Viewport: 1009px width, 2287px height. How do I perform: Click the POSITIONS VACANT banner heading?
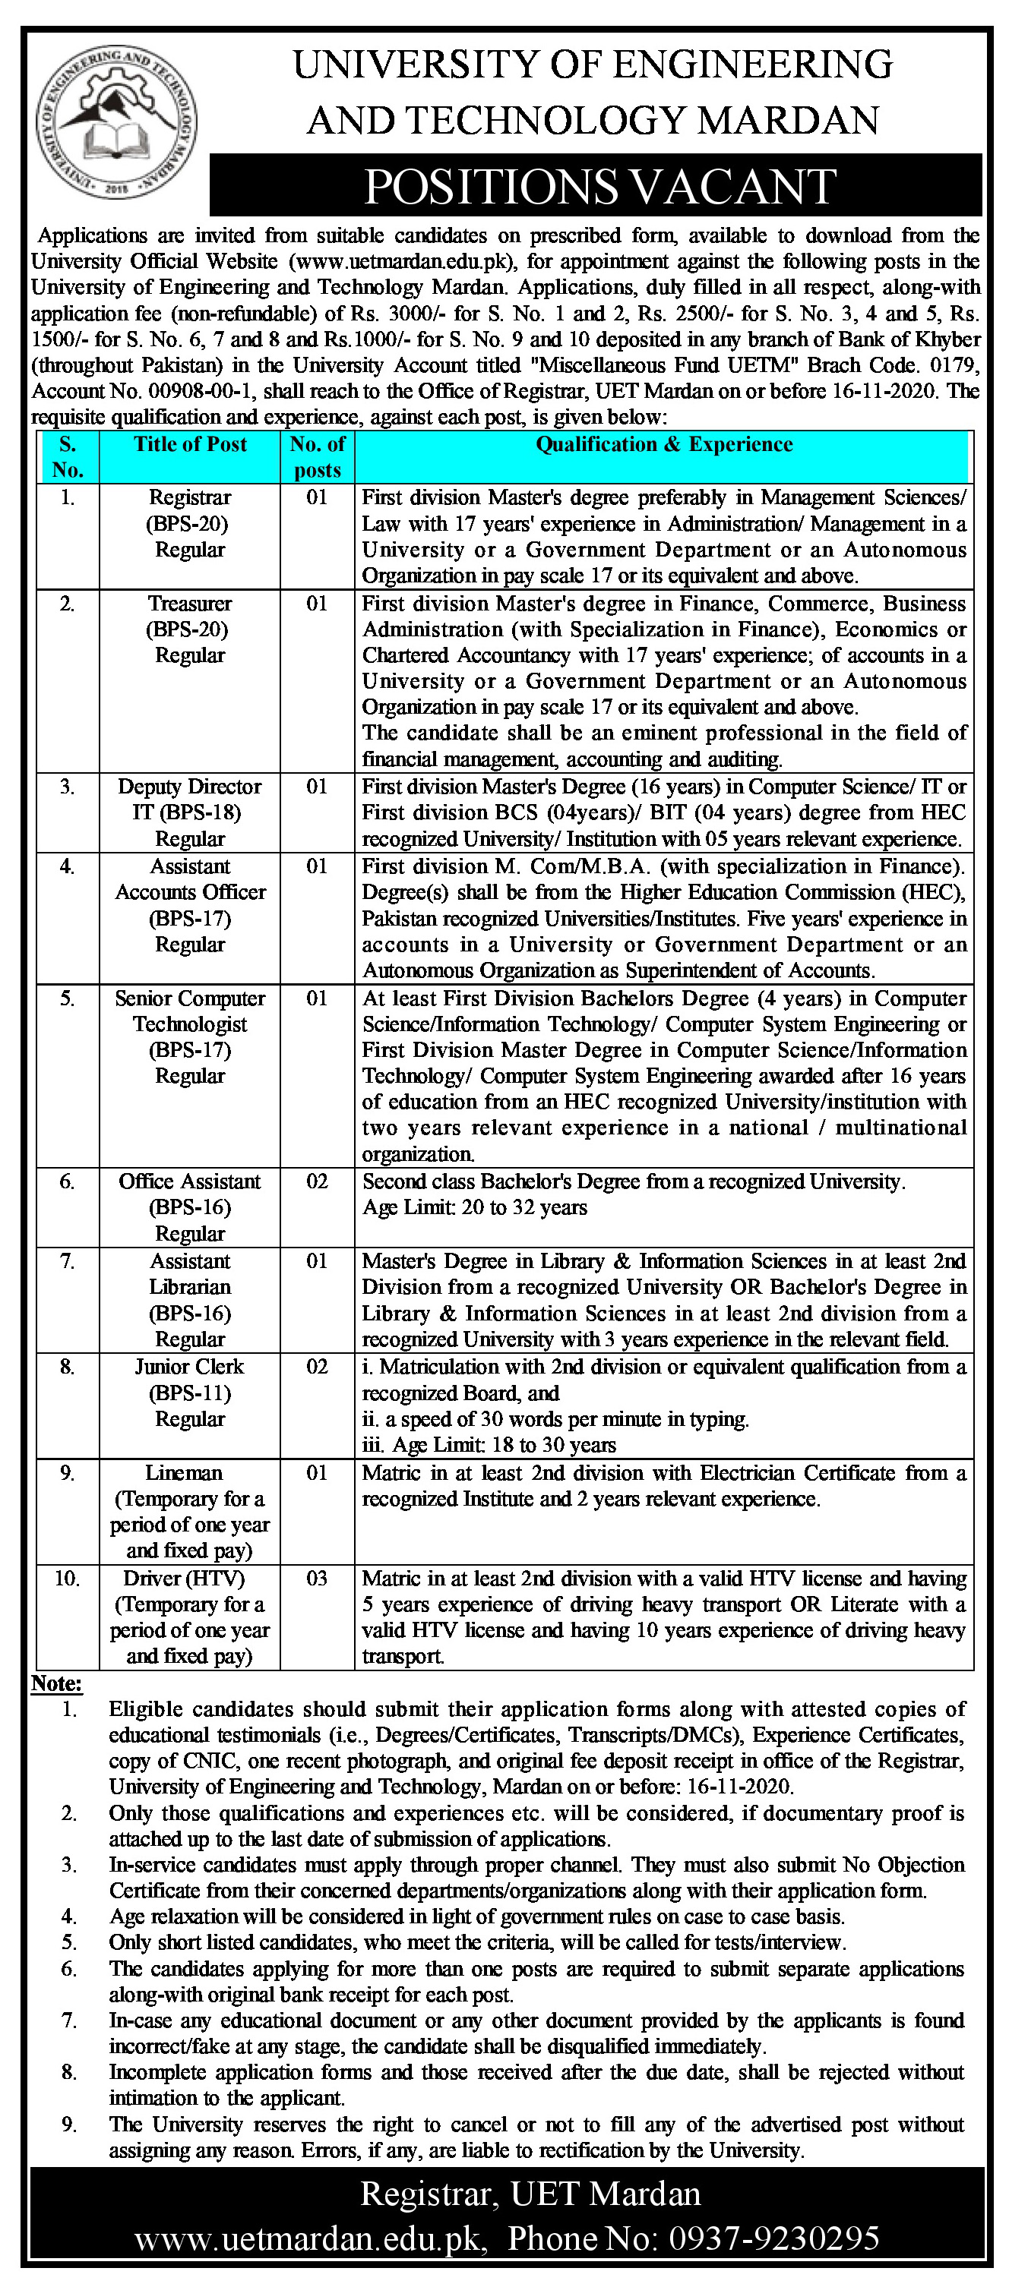tap(600, 187)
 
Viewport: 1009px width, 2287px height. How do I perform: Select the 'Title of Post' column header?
tap(190, 444)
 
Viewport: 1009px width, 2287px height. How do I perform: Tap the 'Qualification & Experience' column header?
tap(663, 444)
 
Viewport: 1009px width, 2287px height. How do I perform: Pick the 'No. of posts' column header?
tap(317, 456)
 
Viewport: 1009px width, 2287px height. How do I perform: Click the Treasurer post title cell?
tap(190, 629)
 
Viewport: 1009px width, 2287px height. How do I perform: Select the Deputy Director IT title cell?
tap(190, 812)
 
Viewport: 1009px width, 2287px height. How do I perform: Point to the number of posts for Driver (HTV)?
tap(317, 1578)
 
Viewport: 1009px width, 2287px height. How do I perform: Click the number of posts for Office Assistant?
tap(317, 1181)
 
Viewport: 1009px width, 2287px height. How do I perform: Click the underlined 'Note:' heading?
tap(56, 1683)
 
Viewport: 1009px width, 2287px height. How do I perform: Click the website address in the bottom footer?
tap(311, 2238)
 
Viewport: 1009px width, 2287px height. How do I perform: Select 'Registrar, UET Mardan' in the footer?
tap(530, 2194)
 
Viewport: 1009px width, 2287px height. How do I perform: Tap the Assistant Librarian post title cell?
tap(190, 1300)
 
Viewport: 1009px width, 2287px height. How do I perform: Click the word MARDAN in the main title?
tap(788, 120)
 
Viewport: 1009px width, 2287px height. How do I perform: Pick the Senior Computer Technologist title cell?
tap(190, 1036)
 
